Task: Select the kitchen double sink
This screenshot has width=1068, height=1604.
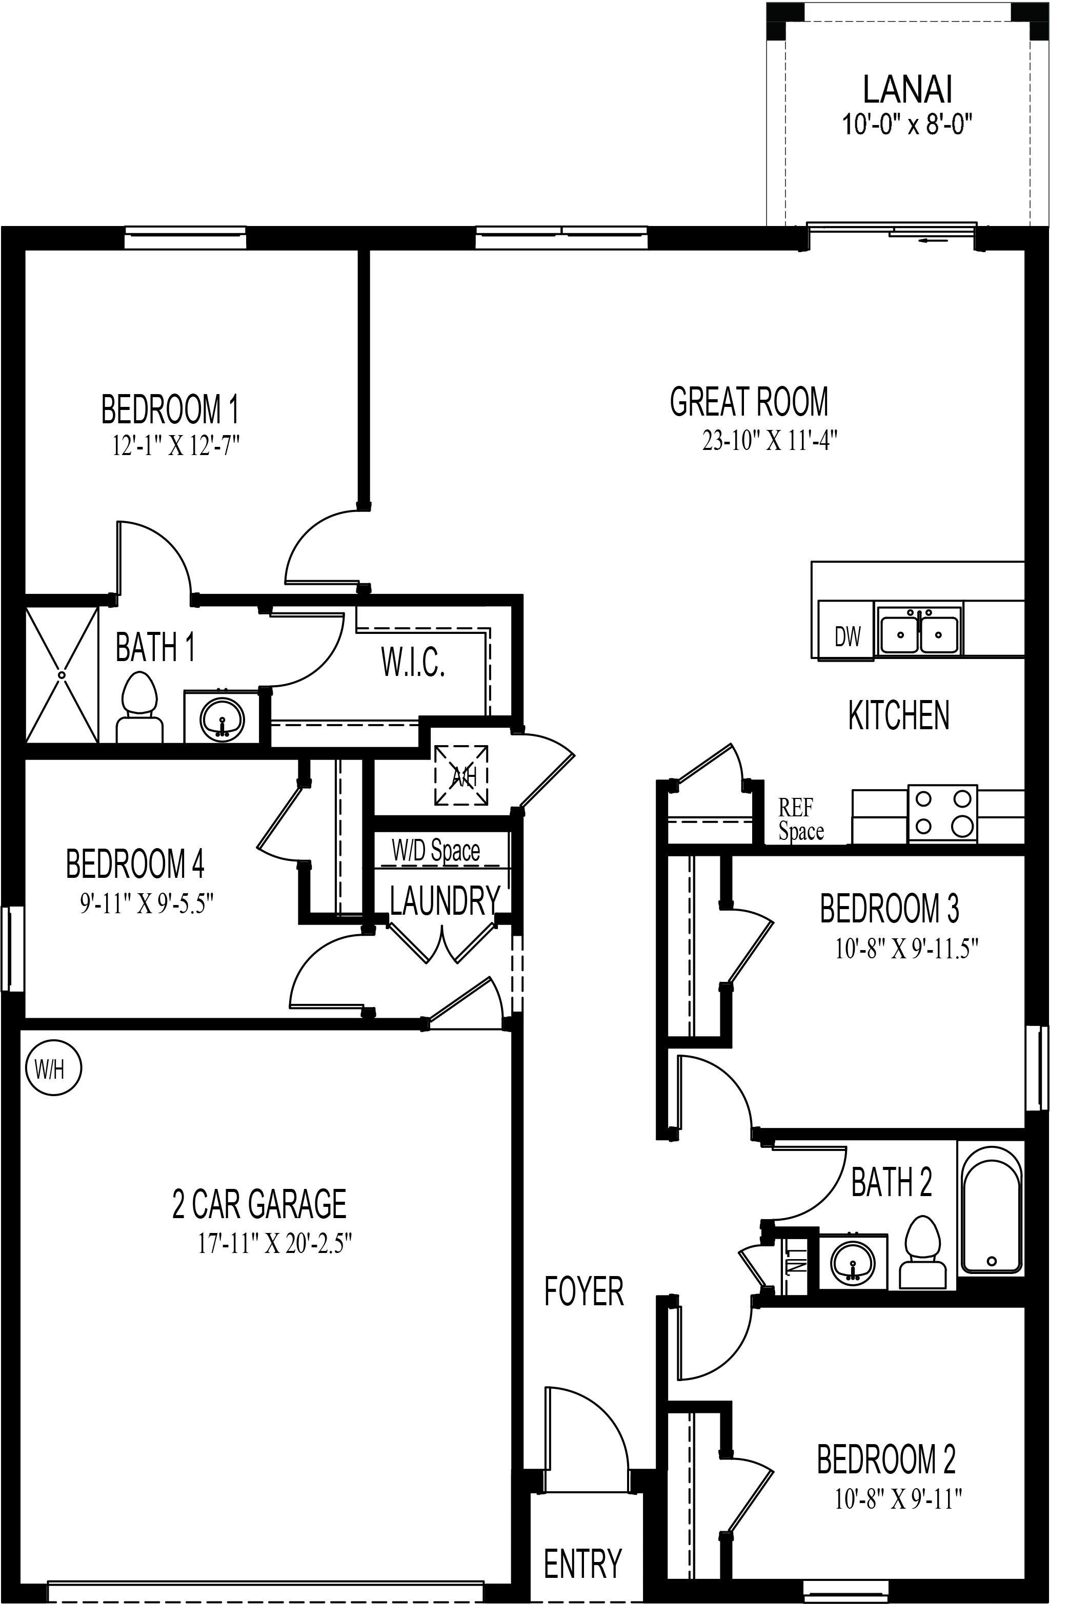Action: (919, 632)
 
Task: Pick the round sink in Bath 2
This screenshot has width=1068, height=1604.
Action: (852, 1262)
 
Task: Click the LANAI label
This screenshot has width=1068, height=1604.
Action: (907, 89)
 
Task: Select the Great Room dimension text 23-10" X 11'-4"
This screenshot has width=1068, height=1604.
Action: (769, 441)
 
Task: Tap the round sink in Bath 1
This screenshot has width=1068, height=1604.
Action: (221, 717)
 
